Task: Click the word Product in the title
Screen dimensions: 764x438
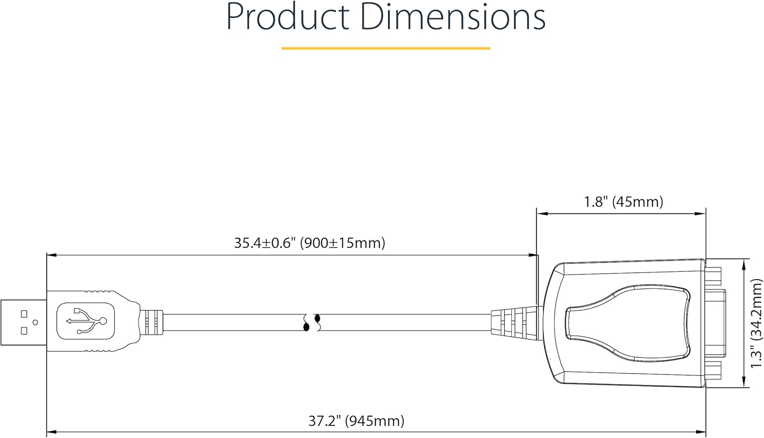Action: (x=288, y=17)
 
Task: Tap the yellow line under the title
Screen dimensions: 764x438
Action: (x=386, y=48)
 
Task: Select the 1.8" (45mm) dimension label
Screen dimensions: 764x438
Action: (x=624, y=202)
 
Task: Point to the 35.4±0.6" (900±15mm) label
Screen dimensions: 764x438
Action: (x=309, y=243)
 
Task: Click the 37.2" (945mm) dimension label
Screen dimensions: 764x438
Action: (x=357, y=421)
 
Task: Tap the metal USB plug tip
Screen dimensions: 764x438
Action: (x=23, y=322)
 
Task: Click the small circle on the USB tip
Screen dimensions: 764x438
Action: (x=35, y=322)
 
